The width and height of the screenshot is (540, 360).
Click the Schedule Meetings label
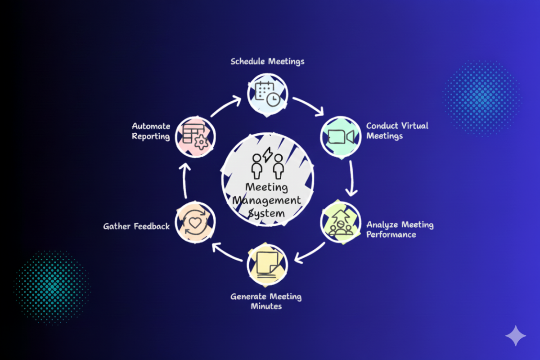pos(267,62)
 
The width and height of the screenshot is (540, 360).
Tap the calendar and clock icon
pos(268,94)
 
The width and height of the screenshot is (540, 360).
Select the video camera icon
pos(341,137)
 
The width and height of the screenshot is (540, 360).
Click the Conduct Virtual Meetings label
pos(397,130)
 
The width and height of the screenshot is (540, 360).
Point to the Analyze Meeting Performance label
pos(400,229)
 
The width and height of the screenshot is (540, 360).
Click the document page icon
pos(267,265)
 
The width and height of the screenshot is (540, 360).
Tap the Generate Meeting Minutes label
pos(266,301)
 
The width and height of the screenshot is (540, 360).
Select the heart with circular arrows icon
pos(195,222)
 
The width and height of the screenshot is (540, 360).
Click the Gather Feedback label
pos(136,226)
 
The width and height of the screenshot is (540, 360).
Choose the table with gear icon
pos(195,137)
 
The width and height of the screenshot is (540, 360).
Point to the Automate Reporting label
pos(151,131)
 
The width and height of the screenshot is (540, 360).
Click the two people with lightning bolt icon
pos(267,163)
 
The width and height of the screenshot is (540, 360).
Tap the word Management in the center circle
pos(266,200)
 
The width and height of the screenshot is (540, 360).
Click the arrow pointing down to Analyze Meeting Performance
pos(352,179)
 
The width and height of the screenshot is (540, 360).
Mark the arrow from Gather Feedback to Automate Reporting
pos(184,180)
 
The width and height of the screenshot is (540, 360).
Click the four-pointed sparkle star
pos(516,336)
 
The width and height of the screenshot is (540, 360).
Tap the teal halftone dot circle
pos(52,288)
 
